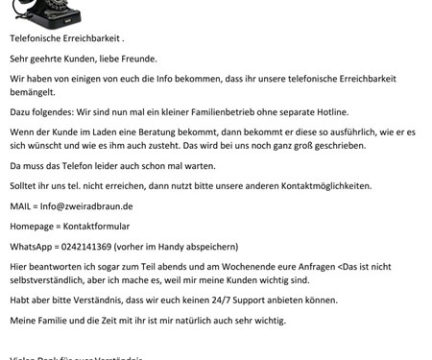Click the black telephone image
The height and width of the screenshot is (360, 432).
[53, 12]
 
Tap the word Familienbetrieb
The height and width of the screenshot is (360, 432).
[233, 112]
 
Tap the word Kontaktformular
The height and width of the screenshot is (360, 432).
[112, 225]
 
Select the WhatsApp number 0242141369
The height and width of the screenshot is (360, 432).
[96, 245]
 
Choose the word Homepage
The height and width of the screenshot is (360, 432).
[35, 225]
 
